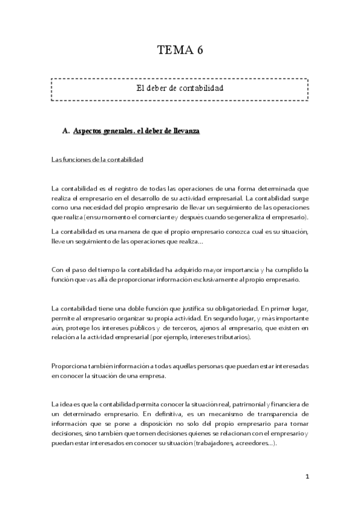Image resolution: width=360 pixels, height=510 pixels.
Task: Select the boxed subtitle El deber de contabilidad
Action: click(180, 88)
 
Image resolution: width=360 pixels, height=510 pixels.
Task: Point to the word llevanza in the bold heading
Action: click(186, 131)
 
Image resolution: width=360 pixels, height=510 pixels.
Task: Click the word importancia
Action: click(234, 270)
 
